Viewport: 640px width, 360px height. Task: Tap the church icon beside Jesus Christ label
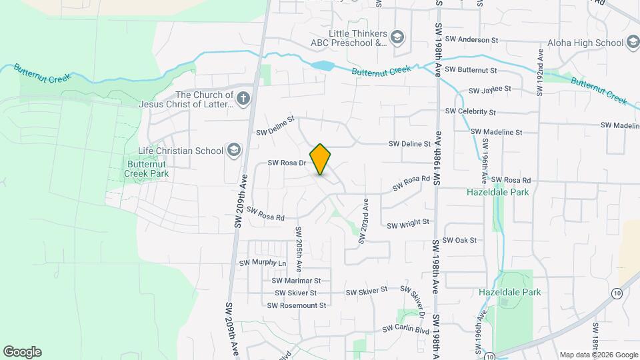point(243,99)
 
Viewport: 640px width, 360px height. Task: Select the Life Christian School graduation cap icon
point(233,151)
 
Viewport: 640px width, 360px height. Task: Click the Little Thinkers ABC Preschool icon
point(398,38)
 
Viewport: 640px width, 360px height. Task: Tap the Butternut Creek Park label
point(146,169)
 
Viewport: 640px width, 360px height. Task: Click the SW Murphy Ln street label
point(262,263)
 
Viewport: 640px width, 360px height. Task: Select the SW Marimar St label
point(297,281)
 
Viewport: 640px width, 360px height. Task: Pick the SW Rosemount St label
point(296,305)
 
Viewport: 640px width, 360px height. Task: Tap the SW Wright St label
point(408,222)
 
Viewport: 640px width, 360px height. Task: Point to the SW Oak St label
point(460,240)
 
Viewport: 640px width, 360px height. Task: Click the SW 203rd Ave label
point(364,221)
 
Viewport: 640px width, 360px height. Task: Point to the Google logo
point(22,352)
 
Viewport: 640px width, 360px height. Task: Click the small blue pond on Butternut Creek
point(323,65)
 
